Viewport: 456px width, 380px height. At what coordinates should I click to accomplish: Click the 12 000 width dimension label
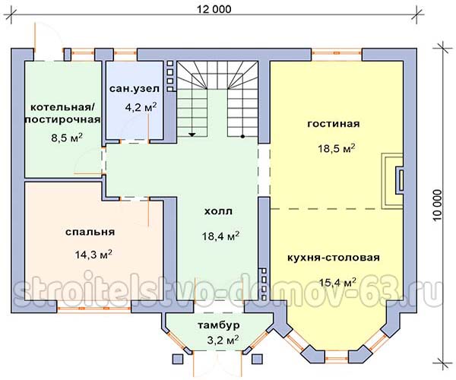[x=214, y=9]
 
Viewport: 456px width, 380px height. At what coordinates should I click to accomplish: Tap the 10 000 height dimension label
[x=437, y=205]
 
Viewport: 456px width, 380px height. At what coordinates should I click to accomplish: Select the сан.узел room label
[x=135, y=89]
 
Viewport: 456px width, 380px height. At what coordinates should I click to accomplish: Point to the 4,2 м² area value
[x=141, y=107]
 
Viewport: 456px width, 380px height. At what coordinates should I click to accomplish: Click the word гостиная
[x=334, y=124]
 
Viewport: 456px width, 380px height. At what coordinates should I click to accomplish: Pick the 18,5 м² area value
[x=337, y=148]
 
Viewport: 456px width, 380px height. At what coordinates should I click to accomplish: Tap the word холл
[x=218, y=211]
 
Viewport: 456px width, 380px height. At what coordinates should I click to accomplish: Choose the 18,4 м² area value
[x=220, y=236]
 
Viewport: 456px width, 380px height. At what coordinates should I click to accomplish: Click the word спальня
[x=90, y=232]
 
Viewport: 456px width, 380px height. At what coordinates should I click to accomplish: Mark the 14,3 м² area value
[x=93, y=255]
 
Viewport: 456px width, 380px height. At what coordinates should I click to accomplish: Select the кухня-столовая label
[x=334, y=258]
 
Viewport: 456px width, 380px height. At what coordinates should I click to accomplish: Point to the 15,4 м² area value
[x=337, y=282]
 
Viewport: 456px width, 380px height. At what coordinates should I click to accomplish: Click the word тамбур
[x=219, y=325]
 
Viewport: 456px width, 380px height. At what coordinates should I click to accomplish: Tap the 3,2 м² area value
[x=223, y=340]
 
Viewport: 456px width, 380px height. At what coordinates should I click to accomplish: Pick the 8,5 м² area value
[x=67, y=138]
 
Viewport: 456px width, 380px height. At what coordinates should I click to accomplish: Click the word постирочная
[x=63, y=119]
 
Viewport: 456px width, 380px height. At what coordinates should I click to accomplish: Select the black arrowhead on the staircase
[x=192, y=135]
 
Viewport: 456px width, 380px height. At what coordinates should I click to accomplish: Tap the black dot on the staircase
[x=242, y=136]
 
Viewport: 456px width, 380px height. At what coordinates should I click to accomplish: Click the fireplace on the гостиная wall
[x=393, y=181]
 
